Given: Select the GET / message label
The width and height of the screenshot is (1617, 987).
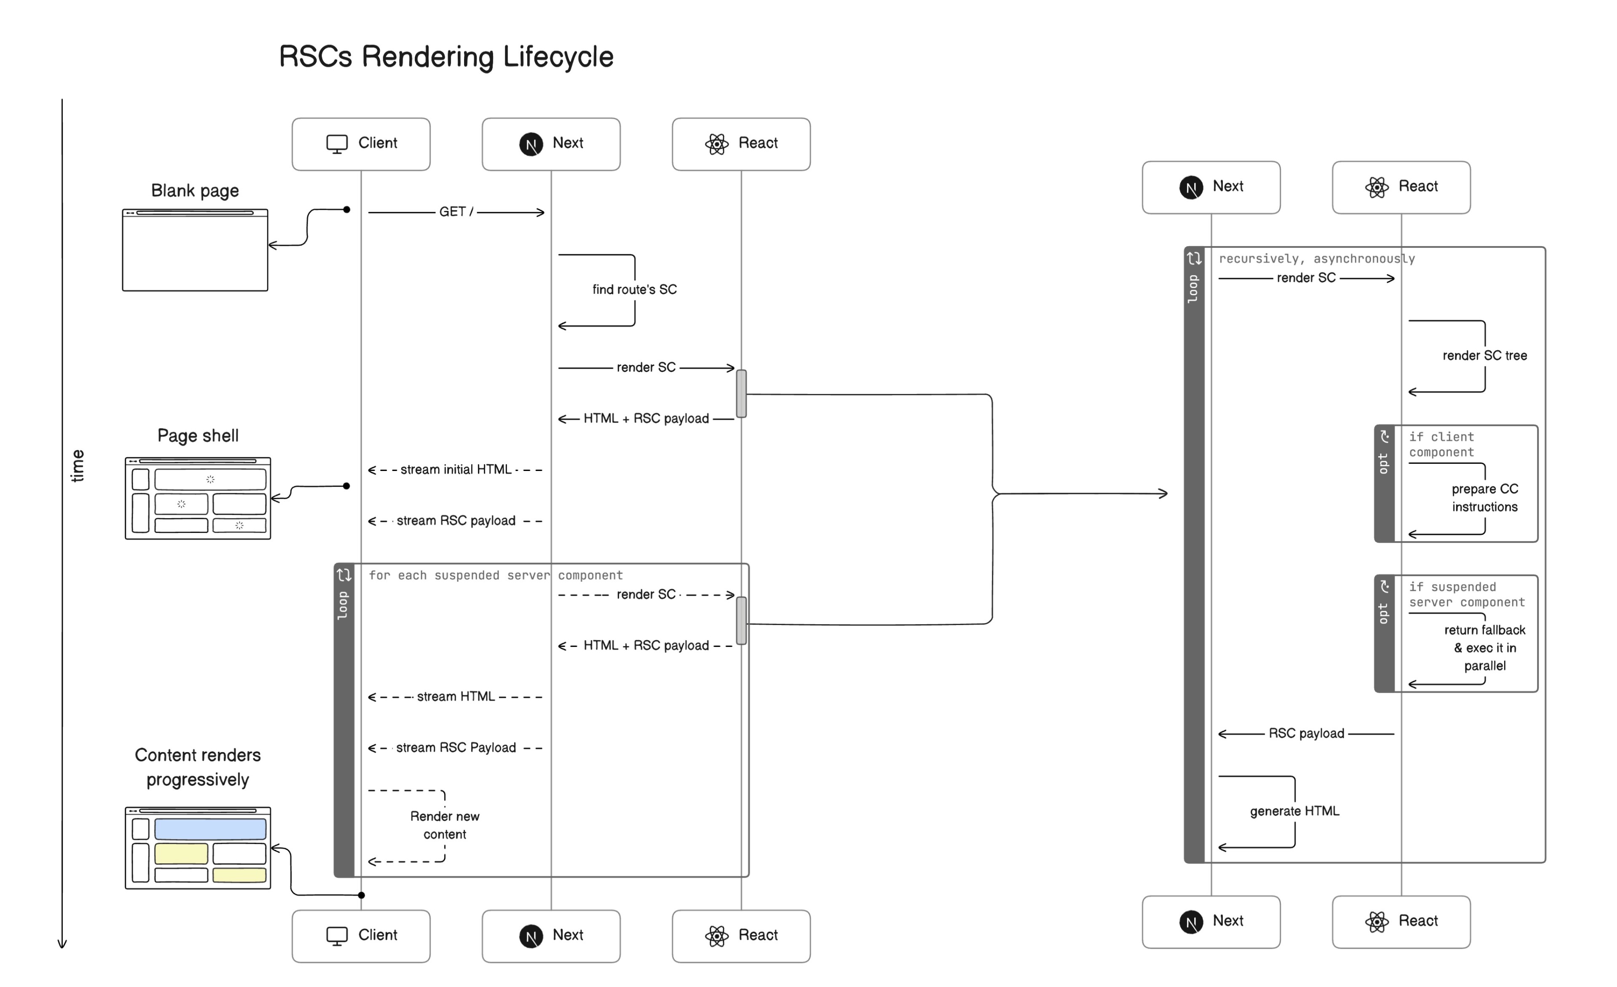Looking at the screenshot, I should coord(456,212).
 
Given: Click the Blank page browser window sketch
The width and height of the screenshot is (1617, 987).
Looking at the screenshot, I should coord(195,250).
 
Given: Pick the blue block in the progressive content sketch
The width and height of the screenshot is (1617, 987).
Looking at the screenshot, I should coord(210,829).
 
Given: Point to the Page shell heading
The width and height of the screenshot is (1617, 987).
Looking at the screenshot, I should coord(197,436).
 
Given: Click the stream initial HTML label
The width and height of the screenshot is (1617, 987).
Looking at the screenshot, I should coord(456,470).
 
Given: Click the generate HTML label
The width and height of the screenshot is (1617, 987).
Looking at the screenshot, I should coord(1294,811).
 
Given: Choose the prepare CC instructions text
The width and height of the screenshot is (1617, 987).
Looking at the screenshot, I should coord(1484,498).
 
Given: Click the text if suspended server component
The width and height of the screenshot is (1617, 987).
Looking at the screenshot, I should coord(1466,594).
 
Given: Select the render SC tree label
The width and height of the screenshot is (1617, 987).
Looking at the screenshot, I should coord(1484,356).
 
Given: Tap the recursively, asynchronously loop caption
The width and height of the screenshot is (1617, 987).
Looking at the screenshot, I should coord(1316,258).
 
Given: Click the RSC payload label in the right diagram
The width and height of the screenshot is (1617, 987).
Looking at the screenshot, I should coord(1305,733).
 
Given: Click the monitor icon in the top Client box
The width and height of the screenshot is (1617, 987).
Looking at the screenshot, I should coord(336,144).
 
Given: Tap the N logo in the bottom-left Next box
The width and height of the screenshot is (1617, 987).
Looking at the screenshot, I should coord(531,936).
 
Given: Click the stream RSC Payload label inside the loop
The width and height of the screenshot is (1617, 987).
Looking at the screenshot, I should coord(456,748).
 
